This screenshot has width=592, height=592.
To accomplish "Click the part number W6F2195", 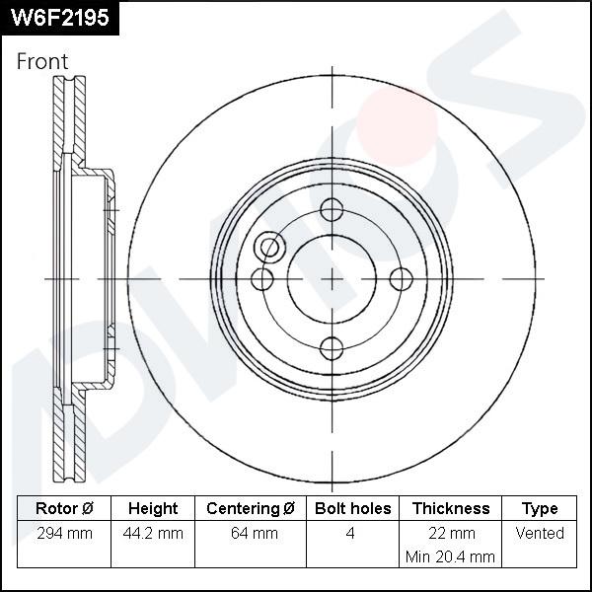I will click(59, 17).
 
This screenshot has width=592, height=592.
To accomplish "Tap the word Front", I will click(42, 61).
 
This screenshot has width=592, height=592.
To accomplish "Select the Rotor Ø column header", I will click(64, 508).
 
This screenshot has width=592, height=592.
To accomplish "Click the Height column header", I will click(153, 508).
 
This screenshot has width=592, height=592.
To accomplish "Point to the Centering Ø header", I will click(251, 508).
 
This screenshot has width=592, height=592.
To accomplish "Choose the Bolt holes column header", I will click(352, 508).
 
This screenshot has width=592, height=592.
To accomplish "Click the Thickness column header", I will click(450, 508).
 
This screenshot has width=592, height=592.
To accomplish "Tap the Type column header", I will click(540, 508).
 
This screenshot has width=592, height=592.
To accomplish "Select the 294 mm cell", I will click(64, 533).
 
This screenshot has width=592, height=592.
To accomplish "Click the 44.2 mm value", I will click(153, 533).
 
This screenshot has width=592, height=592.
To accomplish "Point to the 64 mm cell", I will click(251, 533).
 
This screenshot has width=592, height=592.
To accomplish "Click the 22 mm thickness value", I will click(450, 533).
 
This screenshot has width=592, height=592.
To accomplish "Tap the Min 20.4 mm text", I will click(450, 556).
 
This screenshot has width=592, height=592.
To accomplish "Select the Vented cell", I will click(540, 533).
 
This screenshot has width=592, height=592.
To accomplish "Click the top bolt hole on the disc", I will click(332, 210).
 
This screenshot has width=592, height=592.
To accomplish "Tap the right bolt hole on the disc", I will click(401, 279).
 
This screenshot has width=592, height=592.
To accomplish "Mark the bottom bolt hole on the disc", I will click(332, 348).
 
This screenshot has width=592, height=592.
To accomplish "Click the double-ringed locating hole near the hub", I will click(269, 249).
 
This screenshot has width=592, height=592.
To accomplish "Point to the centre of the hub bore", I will click(332, 279).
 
